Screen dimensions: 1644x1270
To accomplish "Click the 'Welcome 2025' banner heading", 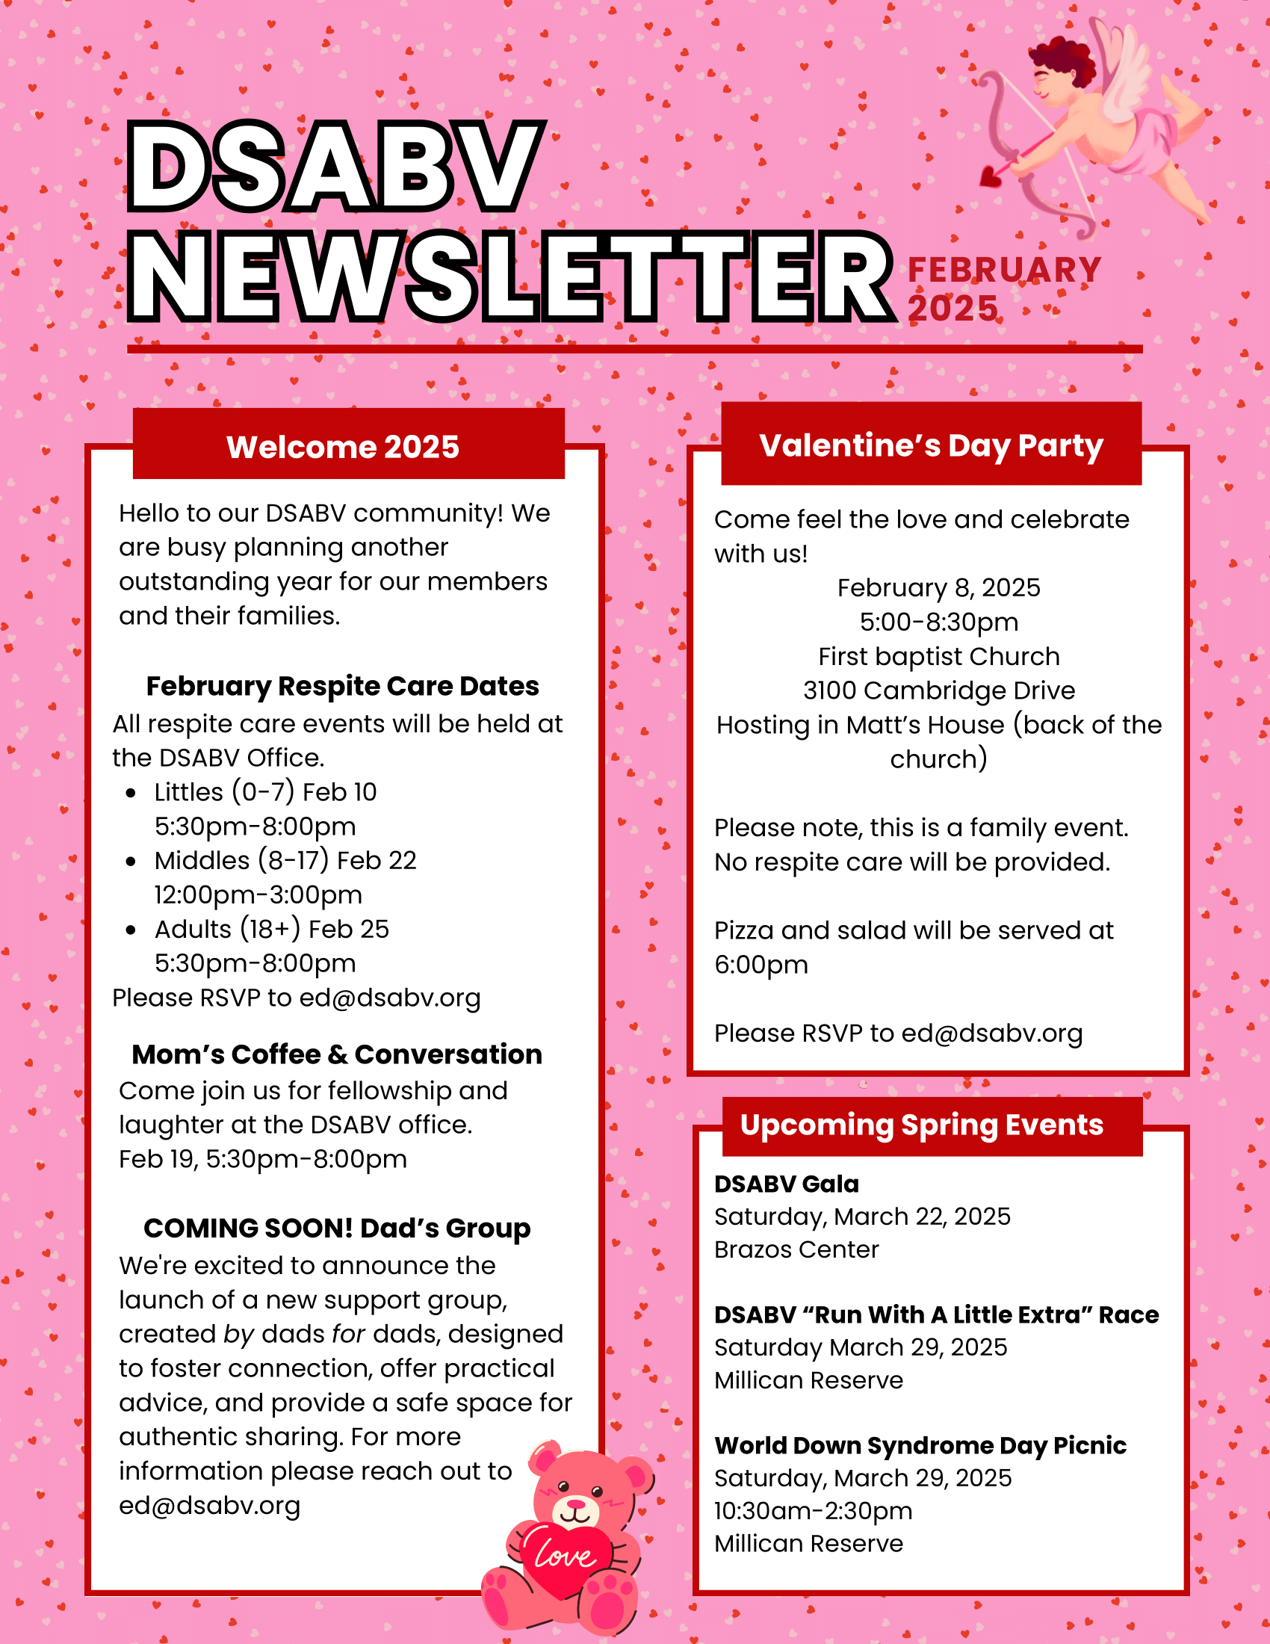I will [x=342, y=447].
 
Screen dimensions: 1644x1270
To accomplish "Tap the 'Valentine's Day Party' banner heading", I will [x=931, y=445].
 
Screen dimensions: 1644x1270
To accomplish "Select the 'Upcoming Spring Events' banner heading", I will [x=922, y=1125].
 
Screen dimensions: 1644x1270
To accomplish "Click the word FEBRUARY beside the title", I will [x=1004, y=271].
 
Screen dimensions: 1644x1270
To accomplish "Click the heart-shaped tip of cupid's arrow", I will [x=991, y=177].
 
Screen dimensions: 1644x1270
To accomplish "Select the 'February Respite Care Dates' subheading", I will [x=342, y=686].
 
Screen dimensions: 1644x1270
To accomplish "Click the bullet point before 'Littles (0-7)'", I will [x=131, y=793].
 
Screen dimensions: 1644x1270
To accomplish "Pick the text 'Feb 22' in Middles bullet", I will [x=377, y=860].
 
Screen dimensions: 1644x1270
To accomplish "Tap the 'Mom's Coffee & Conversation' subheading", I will [x=337, y=1054].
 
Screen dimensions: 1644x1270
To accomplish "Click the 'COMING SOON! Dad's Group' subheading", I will [x=337, y=1228].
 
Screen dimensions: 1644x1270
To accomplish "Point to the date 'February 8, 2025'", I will [x=938, y=588].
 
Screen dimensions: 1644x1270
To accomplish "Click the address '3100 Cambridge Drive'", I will [x=938, y=690].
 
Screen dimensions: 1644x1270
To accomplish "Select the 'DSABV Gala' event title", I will [x=786, y=1184].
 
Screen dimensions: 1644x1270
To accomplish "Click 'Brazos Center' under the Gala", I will [x=796, y=1249].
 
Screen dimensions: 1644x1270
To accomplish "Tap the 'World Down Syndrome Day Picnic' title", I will [x=920, y=1445].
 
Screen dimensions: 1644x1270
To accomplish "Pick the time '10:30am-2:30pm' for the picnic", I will [x=813, y=1511].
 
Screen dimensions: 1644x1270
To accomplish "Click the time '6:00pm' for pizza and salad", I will [x=761, y=965].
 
